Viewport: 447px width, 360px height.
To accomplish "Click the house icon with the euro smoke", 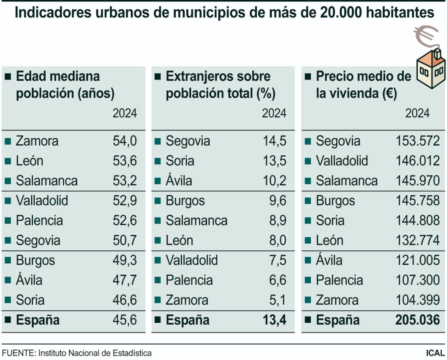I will pos(431,70).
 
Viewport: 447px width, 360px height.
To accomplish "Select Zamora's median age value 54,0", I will pos(125,141).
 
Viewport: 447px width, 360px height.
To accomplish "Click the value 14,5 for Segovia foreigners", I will pos(274,141).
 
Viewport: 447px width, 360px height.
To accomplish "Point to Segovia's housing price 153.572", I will pos(417,141).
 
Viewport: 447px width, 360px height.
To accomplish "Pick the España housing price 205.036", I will pos(417,320).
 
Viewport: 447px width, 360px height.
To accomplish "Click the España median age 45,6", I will pos(125,320).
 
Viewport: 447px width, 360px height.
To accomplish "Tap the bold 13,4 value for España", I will pos(274,320).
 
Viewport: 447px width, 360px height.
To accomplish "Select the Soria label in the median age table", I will pos(30,300).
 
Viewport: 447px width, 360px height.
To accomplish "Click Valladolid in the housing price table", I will pos(342,161).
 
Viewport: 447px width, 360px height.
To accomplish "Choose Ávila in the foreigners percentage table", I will pos(179,181).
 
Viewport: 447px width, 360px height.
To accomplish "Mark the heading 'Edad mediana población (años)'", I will pos(65,85).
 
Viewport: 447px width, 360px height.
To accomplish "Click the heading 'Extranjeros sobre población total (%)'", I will pos(221,85).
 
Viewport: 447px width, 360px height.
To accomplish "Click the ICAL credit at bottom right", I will pos(435,353).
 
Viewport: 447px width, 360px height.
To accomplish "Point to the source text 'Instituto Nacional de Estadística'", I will pos(95,353).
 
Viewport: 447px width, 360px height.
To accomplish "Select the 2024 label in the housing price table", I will pos(417,113).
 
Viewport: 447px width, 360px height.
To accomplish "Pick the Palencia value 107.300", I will pos(417,280).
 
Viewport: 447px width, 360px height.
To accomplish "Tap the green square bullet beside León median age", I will pos(8,161).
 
